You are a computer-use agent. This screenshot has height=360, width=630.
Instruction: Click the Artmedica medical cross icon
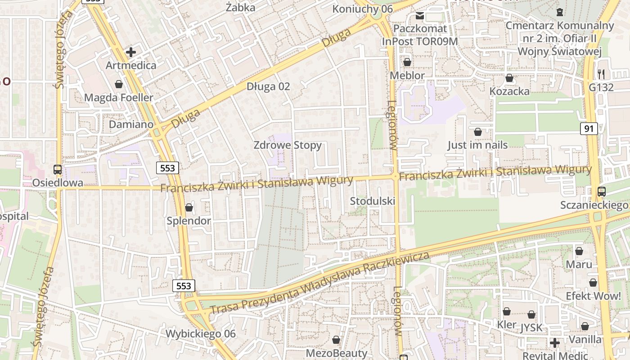tap(131, 52)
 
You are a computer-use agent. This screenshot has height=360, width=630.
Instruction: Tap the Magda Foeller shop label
tap(119, 98)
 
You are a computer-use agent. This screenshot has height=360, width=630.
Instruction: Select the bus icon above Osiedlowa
tap(58, 170)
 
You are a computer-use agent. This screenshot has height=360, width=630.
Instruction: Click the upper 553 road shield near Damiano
tap(168, 168)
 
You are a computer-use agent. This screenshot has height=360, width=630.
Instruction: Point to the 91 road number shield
tap(588, 129)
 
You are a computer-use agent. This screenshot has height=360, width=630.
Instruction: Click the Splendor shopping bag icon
tap(189, 207)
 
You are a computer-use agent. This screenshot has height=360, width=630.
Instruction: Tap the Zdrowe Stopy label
tap(288, 145)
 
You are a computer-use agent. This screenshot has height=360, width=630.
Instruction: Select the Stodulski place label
tap(373, 201)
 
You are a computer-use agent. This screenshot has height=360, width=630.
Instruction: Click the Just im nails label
tap(477, 145)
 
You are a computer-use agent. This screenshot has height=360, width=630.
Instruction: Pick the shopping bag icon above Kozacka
tap(509, 78)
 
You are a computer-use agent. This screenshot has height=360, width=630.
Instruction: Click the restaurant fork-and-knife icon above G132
tap(601, 74)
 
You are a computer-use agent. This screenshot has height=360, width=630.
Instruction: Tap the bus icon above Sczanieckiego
tap(602, 192)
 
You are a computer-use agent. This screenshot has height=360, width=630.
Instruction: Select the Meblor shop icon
tap(407, 62)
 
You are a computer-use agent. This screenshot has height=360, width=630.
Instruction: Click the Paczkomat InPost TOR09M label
tap(420, 35)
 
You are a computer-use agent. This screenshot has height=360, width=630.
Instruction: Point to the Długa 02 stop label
tap(268, 86)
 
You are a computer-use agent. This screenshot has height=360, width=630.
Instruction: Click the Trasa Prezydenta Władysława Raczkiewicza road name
tap(319, 283)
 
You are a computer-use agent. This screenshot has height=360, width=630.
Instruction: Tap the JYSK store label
tap(531, 328)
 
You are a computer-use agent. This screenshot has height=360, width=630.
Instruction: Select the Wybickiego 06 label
tap(201, 334)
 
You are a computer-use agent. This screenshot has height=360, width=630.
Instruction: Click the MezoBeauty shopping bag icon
tap(336, 340)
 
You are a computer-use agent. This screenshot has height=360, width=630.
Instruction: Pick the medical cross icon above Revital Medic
tap(555, 343)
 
